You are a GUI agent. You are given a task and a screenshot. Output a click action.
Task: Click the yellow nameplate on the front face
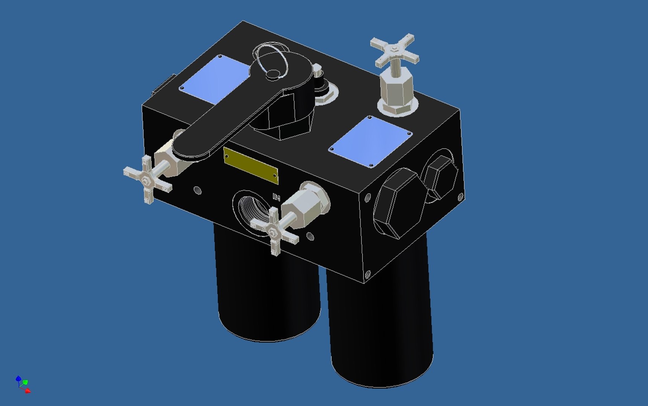click(251, 165)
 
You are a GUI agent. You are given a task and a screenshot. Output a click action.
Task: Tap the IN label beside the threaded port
click(276, 197)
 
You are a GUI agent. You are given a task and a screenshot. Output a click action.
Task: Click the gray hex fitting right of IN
click(305, 205)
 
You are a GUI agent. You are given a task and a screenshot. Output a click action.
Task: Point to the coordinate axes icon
click(23, 384)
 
